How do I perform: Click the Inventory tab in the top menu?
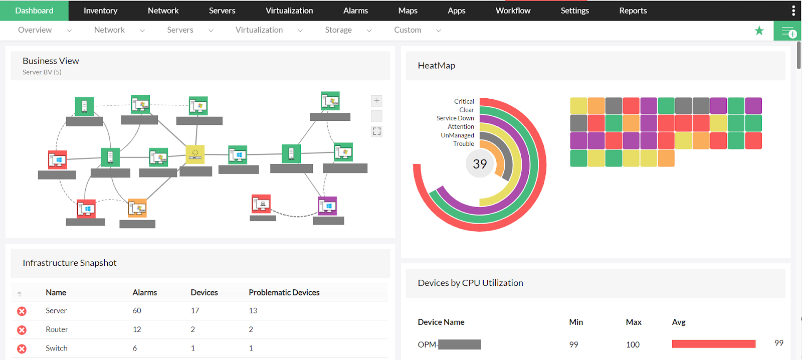(100, 11)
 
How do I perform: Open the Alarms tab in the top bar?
(355, 11)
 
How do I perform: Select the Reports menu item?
(633, 11)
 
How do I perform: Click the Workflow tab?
(513, 11)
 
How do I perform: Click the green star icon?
(759, 31)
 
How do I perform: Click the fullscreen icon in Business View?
(376, 131)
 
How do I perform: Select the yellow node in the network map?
(195, 154)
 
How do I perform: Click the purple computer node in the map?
(327, 206)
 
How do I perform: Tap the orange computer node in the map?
(137, 208)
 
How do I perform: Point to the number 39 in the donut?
(480, 164)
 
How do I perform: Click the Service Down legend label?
(455, 118)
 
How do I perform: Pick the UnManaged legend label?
(457, 135)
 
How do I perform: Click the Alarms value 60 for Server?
(137, 311)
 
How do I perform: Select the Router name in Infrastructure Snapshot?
(57, 329)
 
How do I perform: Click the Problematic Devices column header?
(284, 292)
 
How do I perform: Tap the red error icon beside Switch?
(22, 348)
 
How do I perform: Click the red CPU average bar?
(713, 344)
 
